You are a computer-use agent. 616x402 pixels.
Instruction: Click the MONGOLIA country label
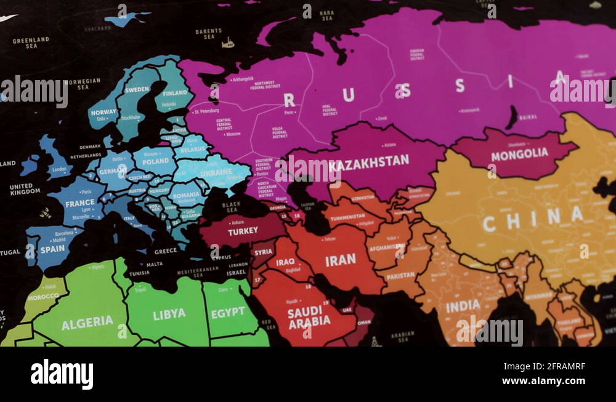click(x=519, y=154)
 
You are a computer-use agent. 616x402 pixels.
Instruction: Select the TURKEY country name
click(x=243, y=232)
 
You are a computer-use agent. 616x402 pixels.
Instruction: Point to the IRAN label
click(x=341, y=260)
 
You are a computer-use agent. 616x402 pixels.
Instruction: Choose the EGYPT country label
click(x=228, y=313)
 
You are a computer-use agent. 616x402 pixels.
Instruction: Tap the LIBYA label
click(x=169, y=314)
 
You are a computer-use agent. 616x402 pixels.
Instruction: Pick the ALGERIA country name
click(x=87, y=322)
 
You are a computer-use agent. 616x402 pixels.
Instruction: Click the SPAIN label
click(x=52, y=249)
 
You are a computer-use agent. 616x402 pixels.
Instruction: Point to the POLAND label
click(x=155, y=162)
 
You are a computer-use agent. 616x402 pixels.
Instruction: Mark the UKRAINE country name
click(x=216, y=172)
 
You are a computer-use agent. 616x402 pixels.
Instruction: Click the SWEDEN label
click(x=137, y=90)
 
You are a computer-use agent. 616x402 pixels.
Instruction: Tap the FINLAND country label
click(x=175, y=94)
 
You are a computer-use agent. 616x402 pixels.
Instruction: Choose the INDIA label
click(x=463, y=305)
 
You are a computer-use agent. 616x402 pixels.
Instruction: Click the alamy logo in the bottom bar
click(x=62, y=375)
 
